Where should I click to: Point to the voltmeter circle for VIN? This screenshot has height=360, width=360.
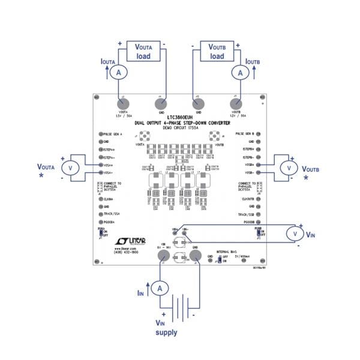292,232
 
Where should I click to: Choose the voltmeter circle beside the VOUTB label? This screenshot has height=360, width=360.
289,167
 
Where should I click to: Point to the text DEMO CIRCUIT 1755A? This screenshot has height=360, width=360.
180,129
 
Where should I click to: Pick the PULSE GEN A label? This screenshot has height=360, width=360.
115,134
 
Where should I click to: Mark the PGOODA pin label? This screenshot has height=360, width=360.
111,221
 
